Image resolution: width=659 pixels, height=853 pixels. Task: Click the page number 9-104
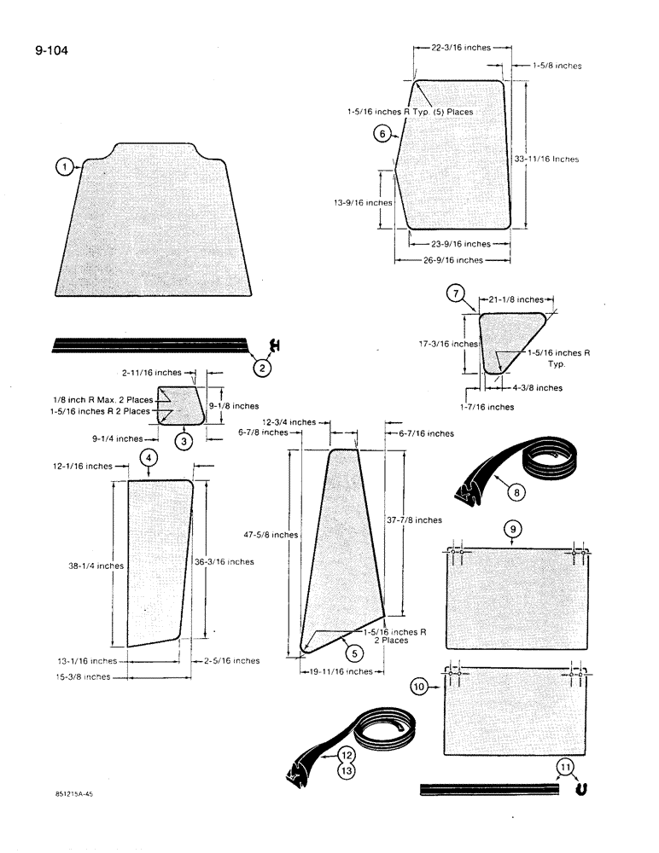point(51,50)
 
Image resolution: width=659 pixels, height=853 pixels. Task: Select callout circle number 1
point(63,167)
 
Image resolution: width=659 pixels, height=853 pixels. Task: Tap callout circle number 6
point(382,133)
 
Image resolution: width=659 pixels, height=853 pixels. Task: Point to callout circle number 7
point(457,294)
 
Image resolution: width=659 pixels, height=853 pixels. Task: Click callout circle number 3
point(184,441)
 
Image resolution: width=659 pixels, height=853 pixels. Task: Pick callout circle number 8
point(516,491)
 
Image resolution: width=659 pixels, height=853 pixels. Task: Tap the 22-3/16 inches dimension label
point(461,48)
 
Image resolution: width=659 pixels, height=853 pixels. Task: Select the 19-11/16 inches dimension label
point(341,672)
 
